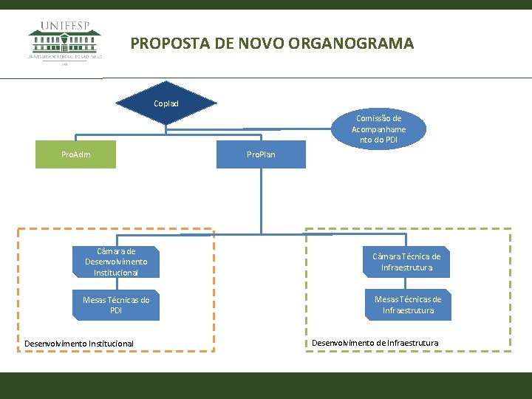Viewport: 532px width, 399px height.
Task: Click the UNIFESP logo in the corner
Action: pyautogui.click(x=65, y=41)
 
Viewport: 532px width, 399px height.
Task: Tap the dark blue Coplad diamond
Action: pyautogui.click(x=166, y=103)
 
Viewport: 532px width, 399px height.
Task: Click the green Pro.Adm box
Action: pyautogui.click(x=76, y=154)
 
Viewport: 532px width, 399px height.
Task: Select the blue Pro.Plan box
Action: pyautogui.click(x=261, y=154)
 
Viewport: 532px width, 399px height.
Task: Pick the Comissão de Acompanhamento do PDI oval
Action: pyautogui.click(x=378, y=129)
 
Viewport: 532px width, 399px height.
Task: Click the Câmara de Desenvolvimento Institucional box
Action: pyautogui.click(x=116, y=262)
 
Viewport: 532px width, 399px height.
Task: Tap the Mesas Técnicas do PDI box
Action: pyautogui.click(x=116, y=305)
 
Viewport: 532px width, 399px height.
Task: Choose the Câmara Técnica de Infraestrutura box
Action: pyautogui.click(x=406, y=262)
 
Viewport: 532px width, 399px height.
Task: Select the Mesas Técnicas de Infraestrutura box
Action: pyautogui.click(x=408, y=305)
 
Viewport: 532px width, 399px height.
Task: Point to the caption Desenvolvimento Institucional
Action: pyautogui.click(x=79, y=344)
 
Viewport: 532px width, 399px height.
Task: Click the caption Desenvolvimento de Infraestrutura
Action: pyautogui.click(x=375, y=343)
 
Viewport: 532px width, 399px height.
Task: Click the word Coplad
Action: pyautogui.click(x=166, y=103)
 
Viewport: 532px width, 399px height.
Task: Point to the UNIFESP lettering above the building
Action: pyautogui.click(x=65, y=25)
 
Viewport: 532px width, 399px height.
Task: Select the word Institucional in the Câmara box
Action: pyautogui.click(x=116, y=273)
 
